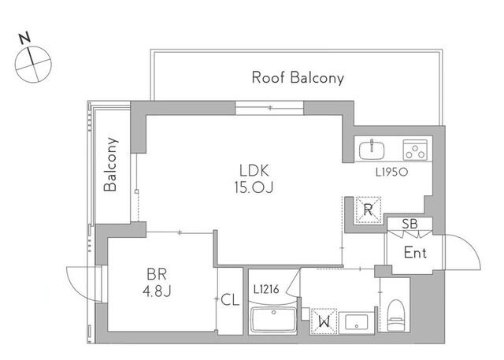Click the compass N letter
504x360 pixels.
click(25, 36)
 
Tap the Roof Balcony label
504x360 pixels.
click(298, 77)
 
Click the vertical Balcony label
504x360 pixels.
click(111, 165)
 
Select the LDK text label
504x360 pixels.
click(254, 169)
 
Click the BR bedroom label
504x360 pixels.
click(156, 276)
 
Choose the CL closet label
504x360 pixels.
click(230, 299)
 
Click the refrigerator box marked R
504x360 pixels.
click(367, 210)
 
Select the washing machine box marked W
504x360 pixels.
click(322, 321)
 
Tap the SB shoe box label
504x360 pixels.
click(409, 225)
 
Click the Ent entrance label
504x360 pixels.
click(415, 253)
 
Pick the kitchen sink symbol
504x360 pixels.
click(371, 149)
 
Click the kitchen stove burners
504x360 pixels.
click(414, 149)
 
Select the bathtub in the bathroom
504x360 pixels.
click(272, 321)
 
